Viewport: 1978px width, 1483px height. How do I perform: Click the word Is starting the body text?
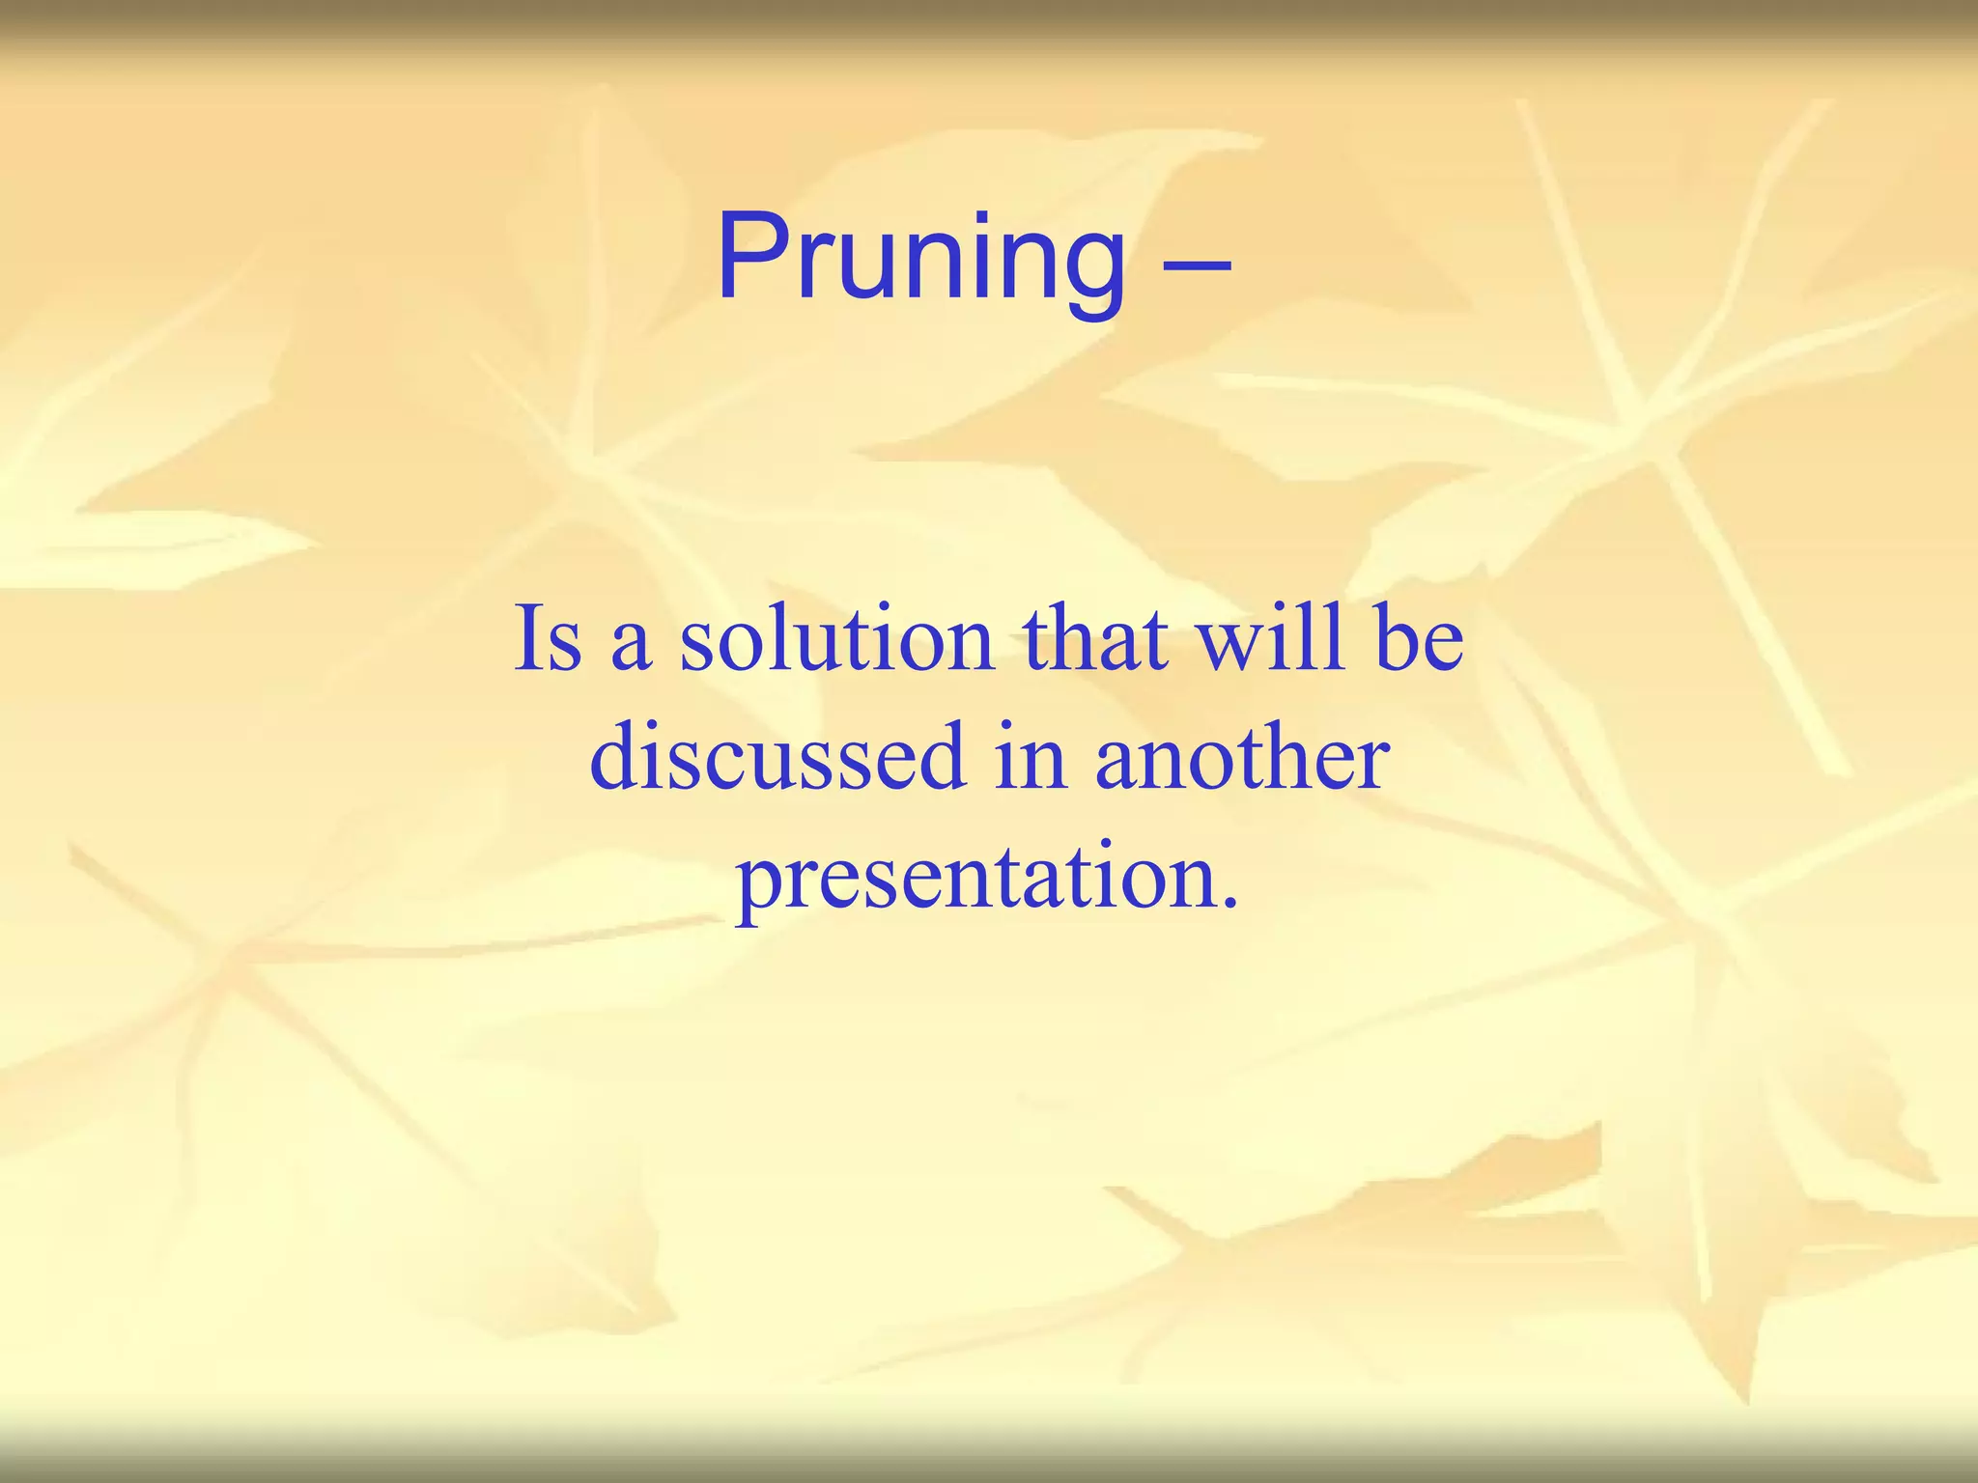(x=548, y=638)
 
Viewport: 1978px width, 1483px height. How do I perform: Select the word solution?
(x=836, y=638)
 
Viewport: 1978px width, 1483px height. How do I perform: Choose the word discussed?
(x=777, y=757)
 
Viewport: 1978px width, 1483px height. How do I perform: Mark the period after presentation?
(x=1229, y=904)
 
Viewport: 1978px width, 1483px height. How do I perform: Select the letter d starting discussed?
(x=616, y=757)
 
